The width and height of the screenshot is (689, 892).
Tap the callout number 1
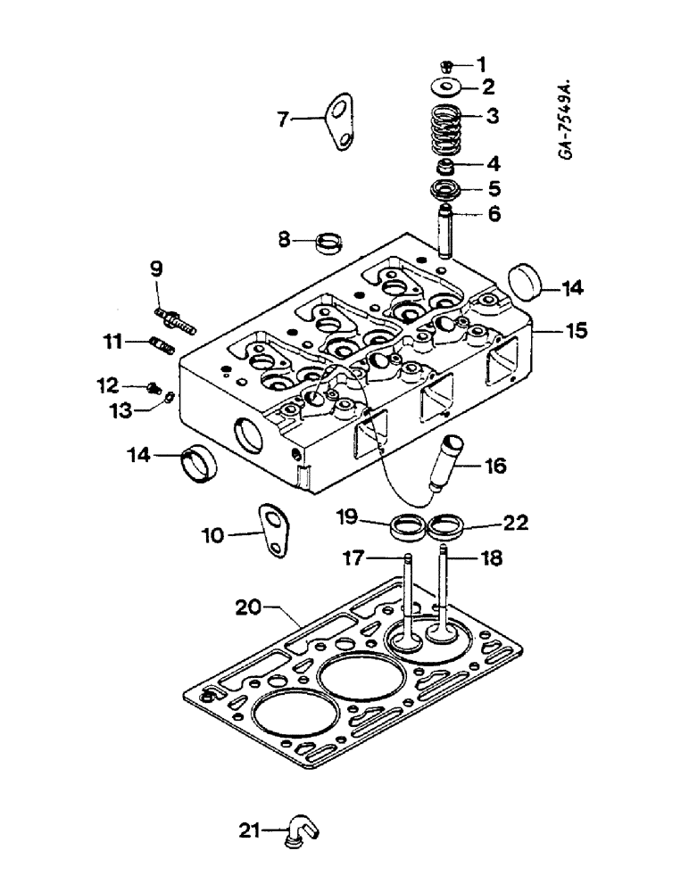click(x=482, y=63)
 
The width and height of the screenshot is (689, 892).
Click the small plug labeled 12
click(x=154, y=387)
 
